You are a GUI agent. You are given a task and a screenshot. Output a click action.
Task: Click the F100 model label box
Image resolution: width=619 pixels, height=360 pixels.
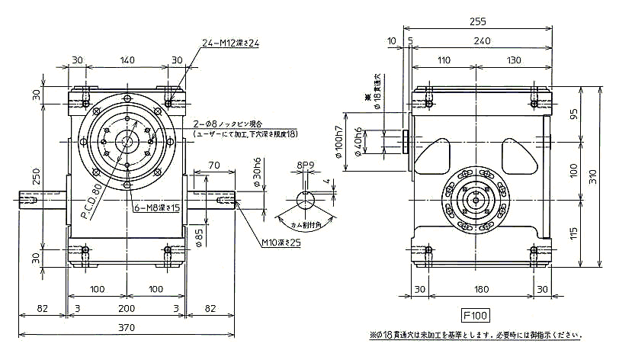[475, 314]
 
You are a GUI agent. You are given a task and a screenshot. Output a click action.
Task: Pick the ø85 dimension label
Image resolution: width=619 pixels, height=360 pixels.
[198, 238]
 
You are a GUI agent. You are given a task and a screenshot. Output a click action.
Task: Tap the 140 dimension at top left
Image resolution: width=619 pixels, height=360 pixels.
[127, 59]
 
